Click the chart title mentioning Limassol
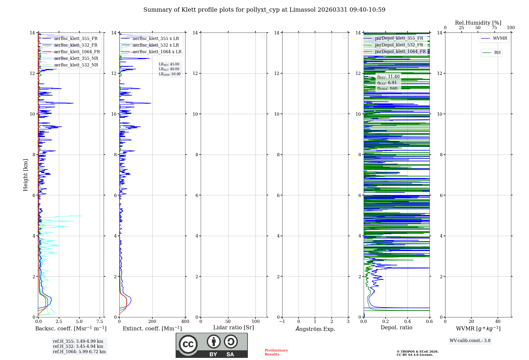point(264,10)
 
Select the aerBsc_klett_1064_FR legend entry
point(77,52)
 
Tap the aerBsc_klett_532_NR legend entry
point(76,65)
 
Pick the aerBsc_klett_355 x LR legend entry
point(156,39)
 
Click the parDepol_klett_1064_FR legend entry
point(400,52)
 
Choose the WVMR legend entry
point(500,38)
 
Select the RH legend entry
point(497,53)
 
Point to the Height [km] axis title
point(25,175)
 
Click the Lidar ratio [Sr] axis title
point(234,328)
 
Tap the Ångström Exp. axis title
point(315,329)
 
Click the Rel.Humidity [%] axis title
point(478,23)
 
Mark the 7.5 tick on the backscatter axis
point(100,322)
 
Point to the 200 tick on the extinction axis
point(152,322)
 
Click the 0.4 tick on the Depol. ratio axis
point(408,322)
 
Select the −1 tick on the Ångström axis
point(282,322)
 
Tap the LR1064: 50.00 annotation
point(170,74)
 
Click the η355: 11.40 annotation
point(388,77)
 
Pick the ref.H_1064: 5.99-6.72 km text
point(79,352)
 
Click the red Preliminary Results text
point(276,352)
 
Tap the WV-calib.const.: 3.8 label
point(470,341)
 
